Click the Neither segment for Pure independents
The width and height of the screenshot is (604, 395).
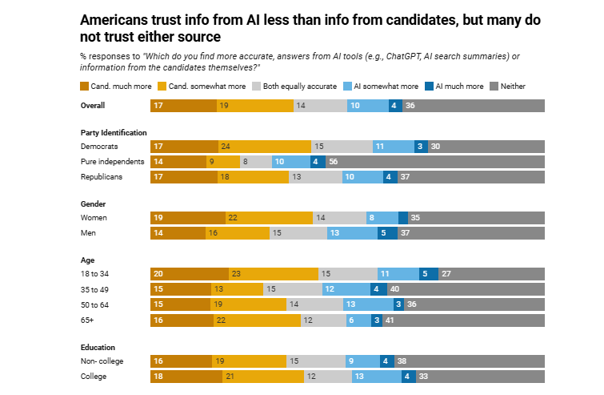[435, 162]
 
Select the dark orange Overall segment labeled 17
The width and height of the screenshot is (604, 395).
[183, 106]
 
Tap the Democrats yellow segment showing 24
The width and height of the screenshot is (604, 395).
[265, 147]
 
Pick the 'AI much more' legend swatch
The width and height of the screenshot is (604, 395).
[429, 86]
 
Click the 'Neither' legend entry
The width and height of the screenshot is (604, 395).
[508, 86]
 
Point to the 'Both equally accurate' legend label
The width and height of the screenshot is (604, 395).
[300, 86]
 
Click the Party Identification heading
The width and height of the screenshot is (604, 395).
[114, 133]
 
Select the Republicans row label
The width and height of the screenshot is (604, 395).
[102, 177]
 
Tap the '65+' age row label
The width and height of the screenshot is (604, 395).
[87, 320]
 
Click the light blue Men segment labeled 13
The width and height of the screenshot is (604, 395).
[353, 233]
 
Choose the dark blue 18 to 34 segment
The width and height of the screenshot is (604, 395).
[429, 274]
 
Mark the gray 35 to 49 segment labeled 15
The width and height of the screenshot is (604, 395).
[293, 289]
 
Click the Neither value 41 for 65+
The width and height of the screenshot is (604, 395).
[390, 320]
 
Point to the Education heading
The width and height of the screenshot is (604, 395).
[98, 347]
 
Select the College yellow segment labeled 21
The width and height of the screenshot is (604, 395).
[263, 377]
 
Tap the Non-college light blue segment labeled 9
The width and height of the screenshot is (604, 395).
[362, 361]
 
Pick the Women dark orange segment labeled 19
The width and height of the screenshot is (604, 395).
[187, 218]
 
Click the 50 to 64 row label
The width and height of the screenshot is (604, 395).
[94, 304]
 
